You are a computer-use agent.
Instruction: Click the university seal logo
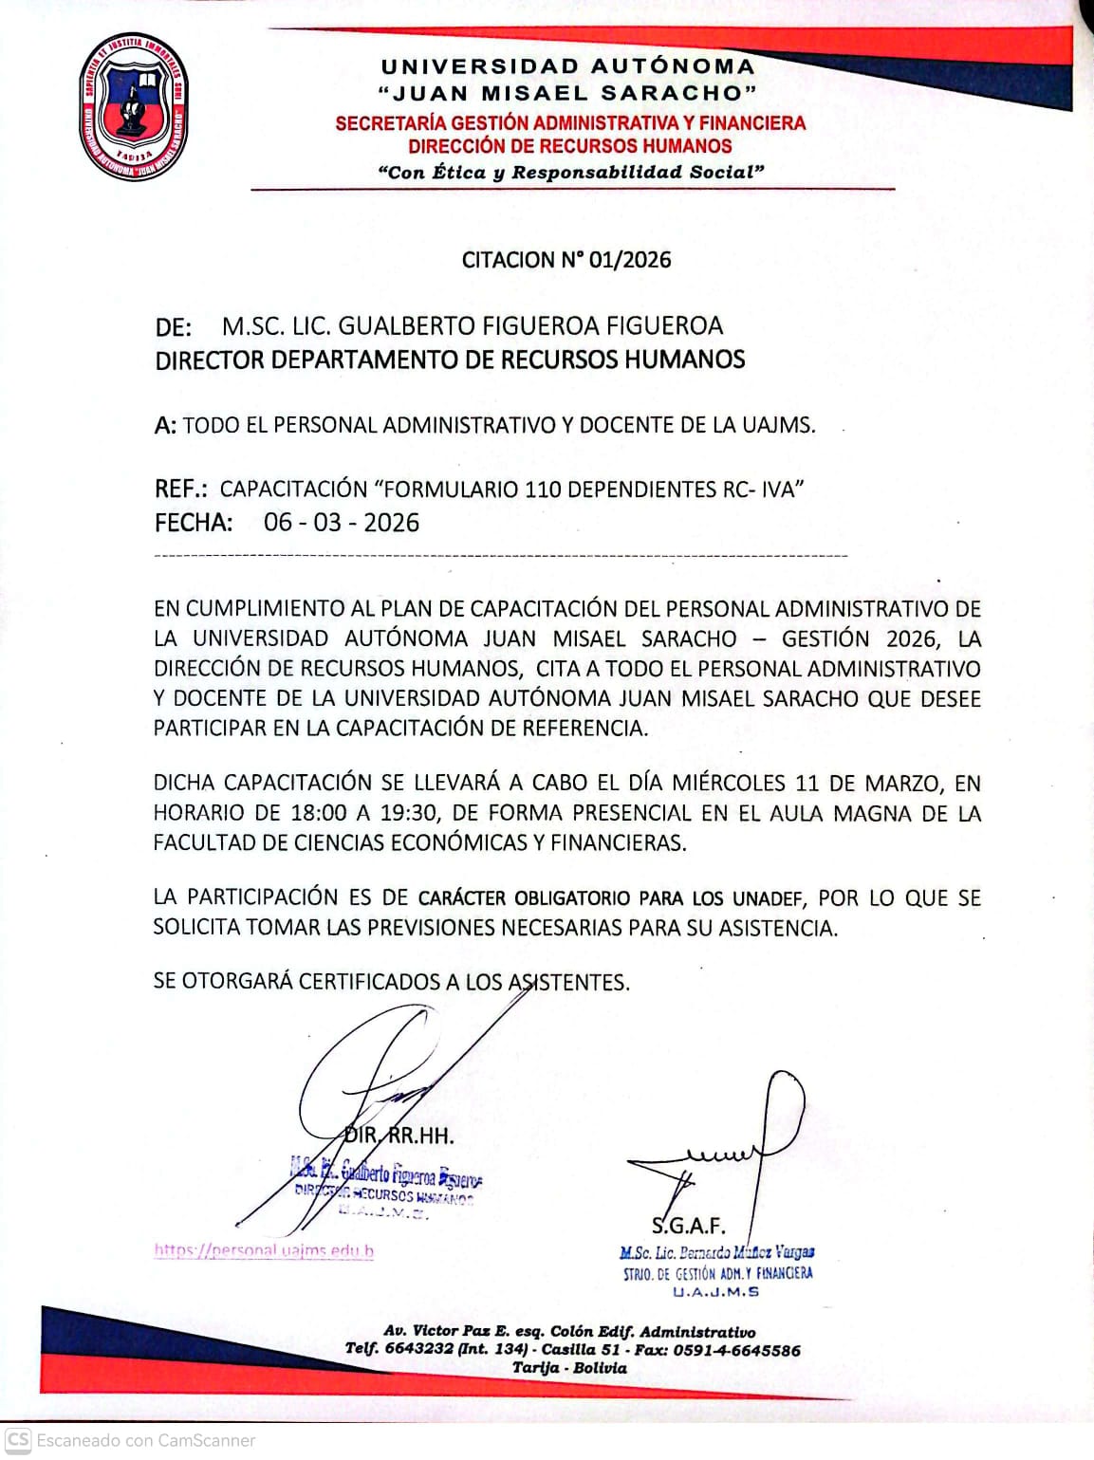(x=133, y=106)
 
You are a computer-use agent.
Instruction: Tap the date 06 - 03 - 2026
(x=342, y=523)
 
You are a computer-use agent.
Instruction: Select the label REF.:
(x=180, y=490)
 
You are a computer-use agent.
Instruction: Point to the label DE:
(x=174, y=327)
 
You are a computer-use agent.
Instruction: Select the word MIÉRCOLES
(x=729, y=784)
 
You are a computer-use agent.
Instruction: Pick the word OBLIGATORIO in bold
(x=572, y=898)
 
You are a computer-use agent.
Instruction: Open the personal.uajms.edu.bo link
(x=264, y=1250)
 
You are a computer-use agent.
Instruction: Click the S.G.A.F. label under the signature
(x=688, y=1226)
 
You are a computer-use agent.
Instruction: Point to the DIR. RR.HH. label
(x=399, y=1136)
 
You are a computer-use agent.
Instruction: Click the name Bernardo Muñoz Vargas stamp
(x=717, y=1252)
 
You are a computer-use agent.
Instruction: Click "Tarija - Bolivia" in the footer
(x=569, y=1368)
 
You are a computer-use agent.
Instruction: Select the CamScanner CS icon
(x=18, y=1439)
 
